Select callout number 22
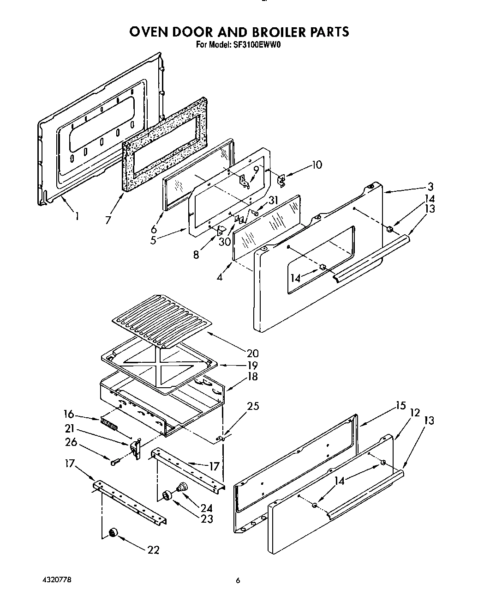[153, 550]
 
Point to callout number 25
[253, 406]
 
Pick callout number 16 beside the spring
[68, 414]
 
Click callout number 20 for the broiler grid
[252, 354]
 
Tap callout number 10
[317, 165]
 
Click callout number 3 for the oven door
[430, 187]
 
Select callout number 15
[400, 406]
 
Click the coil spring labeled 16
[109, 424]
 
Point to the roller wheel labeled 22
[112, 534]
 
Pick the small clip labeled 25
[221, 436]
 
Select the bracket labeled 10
[282, 180]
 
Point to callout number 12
[415, 413]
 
